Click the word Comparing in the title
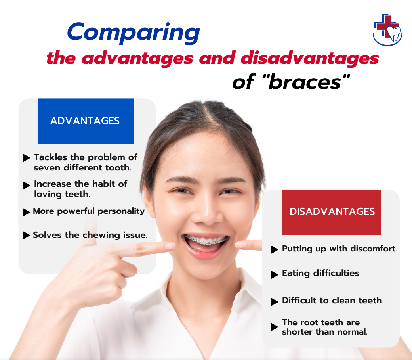pos(134,33)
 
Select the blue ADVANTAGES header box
pos(85,121)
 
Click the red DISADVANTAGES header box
pos(332,212)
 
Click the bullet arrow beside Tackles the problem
pos(27,158)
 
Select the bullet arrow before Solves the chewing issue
pos(27,236)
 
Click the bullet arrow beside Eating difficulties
pos(275,275)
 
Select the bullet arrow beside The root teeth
pos(275,327)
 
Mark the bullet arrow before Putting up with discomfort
pos(275,250)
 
